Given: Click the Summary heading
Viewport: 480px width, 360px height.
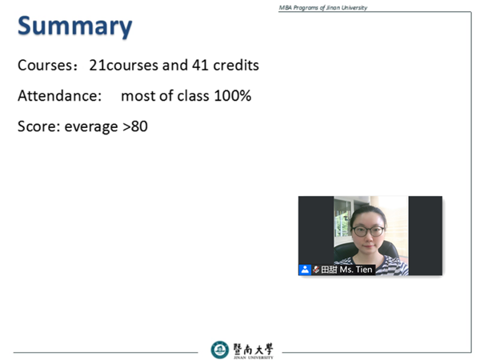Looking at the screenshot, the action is [x=75, y=27].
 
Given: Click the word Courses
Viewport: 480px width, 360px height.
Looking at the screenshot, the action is [x=46, y=66].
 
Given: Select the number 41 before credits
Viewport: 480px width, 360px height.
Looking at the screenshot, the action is [x=201, y=66].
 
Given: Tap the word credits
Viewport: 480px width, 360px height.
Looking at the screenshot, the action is [x=236, y=66].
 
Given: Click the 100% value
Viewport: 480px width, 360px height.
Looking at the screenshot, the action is [x=233, y=96].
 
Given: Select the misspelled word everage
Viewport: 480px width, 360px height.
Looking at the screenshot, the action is [x=91, y=127].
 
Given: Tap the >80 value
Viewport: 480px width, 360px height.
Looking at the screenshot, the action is [x=135, y=126].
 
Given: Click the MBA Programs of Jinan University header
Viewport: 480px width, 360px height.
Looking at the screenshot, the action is [x=323, y=8].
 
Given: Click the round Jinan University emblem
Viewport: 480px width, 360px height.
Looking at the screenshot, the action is [x=219, y=350].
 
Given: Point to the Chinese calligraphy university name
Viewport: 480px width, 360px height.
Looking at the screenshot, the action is [x=253, y=349].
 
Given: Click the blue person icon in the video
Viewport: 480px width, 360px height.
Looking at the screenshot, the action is [x=305, y=270].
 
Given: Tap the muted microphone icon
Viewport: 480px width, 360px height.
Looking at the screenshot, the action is [x=316, y=270].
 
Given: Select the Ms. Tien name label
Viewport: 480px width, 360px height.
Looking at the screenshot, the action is [x=356, y=270].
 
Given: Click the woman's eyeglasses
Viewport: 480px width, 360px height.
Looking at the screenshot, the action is [x=368, y=231].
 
